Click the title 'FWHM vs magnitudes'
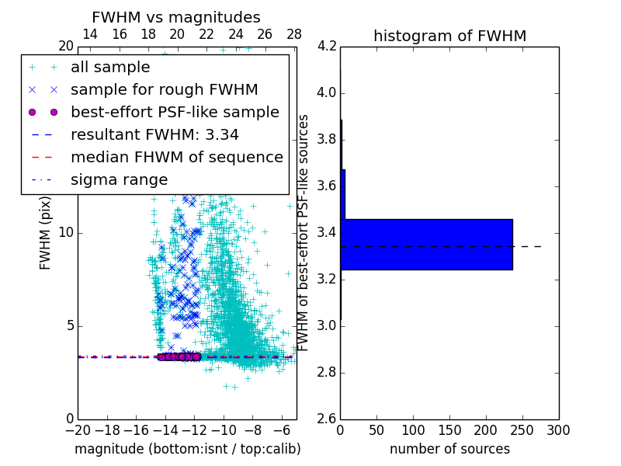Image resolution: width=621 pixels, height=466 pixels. point(175,17)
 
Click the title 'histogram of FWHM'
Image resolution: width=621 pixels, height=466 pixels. point(449,36)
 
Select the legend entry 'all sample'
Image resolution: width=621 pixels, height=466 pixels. point(110,68)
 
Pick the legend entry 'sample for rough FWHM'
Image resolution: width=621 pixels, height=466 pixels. point(164,90)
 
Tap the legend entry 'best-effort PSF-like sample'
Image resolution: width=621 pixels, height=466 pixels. point(175,113)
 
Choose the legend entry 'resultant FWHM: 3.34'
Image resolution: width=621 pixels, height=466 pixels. point(154,135)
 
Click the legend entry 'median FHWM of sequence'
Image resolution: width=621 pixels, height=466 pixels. point(176,158)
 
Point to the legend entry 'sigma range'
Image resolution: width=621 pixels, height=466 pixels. point(119,180)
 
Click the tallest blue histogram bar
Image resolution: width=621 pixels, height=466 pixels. point(426,244)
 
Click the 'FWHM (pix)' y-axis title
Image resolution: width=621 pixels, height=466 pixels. point(46,233)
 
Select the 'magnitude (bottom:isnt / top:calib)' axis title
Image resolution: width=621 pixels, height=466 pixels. point(187,449)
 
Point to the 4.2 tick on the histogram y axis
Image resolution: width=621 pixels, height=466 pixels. point(327,47)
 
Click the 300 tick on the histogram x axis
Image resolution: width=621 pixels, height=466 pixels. point(559,429)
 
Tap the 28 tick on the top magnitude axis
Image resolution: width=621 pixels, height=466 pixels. point(294,34)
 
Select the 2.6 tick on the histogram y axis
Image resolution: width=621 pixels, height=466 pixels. point(327,418)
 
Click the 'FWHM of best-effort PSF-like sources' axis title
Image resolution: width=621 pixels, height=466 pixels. point(304,233)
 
